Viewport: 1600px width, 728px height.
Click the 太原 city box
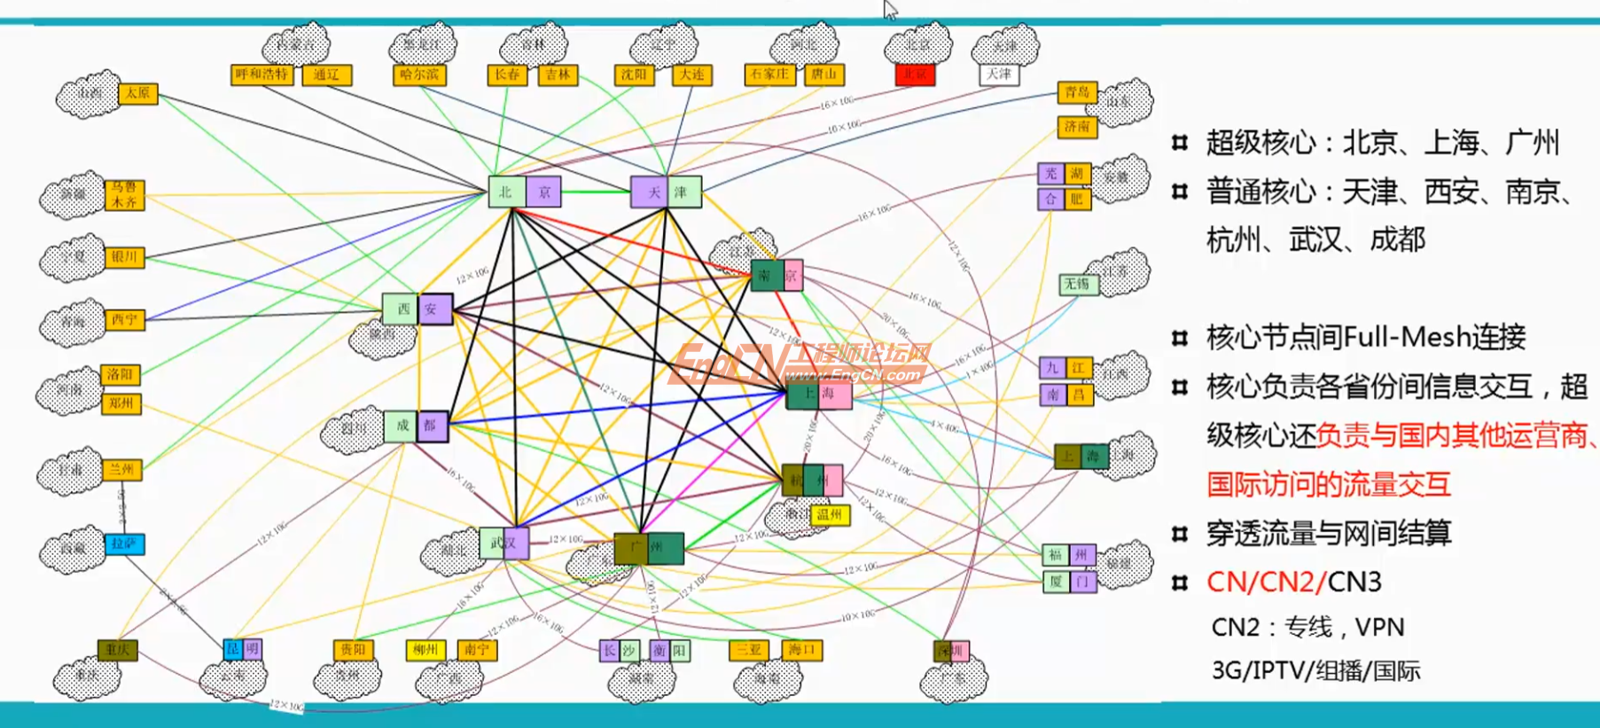click(x=137, y=93)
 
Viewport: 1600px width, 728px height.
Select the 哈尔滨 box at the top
click(x=418, y=74)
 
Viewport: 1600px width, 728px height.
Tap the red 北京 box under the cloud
click(x=915, y=74)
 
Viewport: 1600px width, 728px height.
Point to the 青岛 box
click(x=1077, y=92)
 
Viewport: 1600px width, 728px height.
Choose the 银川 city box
click(x=124, y=257)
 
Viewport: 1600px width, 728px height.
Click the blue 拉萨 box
click(x=124, y=544)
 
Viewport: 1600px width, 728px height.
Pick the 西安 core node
click(x=418, y=309)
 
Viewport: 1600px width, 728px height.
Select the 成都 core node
click(x=416, y=426)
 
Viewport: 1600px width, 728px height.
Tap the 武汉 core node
click(x=503, y=543)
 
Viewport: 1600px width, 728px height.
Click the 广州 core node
click(x=648, y=548)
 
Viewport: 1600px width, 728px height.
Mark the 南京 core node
click(x=777, y=275)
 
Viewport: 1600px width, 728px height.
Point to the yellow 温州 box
click(x=830, y=514)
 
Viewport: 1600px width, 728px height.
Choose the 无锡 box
click(x=1079, y=284)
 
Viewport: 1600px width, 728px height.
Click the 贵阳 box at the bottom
click(x=353, y=650)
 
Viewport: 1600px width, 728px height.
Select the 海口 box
click(x=801, y=650)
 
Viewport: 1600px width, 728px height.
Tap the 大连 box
click(x=691, y=74)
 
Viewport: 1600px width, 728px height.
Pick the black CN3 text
click(x=1354, y=582)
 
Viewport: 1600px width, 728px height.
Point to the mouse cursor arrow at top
click(x=890, y=9)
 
